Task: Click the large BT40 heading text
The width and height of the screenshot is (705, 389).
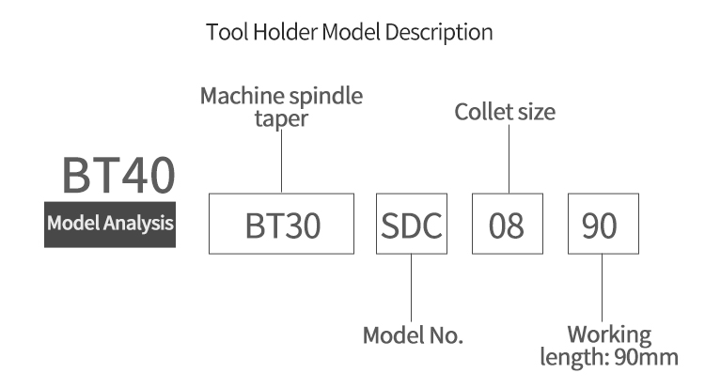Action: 118,175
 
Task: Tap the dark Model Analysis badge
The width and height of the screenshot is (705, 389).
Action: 110,225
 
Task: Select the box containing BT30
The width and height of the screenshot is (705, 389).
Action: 281,224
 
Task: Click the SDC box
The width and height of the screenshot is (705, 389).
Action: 412,224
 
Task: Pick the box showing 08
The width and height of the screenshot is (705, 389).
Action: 508,224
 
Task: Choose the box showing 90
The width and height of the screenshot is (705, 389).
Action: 603,224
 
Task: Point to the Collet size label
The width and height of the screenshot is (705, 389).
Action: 505,112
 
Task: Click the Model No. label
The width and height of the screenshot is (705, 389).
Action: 413,335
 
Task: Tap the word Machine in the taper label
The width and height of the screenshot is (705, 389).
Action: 241,96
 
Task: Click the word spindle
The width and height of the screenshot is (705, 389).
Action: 325,96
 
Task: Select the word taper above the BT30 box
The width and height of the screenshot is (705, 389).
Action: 281,119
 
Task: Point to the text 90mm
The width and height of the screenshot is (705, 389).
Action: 646,358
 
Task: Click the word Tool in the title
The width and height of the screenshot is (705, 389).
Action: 227,32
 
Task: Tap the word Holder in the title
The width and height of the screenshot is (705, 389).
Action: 285,32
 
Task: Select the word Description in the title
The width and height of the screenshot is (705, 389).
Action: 439,33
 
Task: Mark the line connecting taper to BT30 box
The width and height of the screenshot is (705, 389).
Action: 281,162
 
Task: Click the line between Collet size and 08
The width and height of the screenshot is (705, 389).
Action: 509,159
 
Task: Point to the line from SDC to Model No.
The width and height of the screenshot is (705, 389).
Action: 411,288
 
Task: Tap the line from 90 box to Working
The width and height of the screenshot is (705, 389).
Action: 602,288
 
